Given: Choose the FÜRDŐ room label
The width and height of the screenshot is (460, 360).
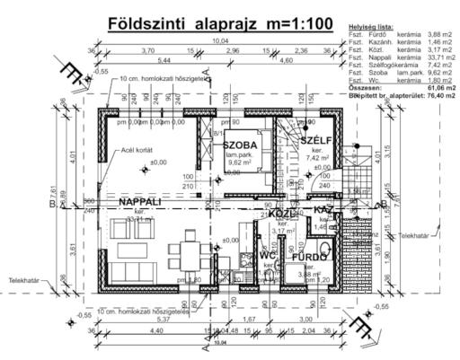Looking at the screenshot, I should [307, 258].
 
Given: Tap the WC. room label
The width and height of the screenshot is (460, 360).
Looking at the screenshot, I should [267, 255].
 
